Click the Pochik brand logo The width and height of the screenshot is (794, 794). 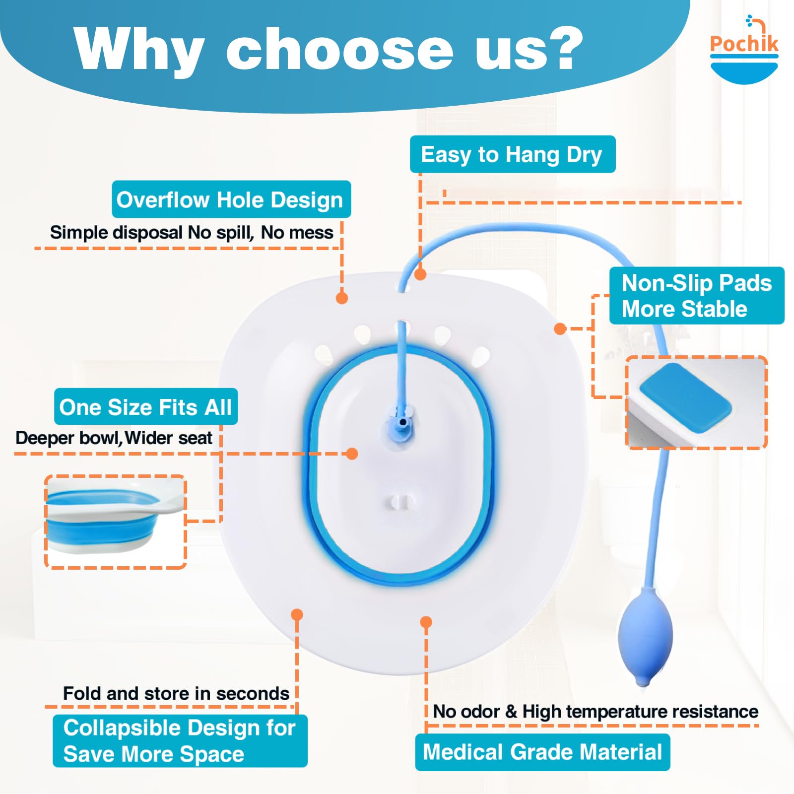coord(744,50)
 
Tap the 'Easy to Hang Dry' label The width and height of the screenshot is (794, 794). coord(512,154)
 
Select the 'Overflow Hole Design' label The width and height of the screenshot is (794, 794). coord(231,199)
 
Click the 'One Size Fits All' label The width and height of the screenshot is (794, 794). coord(145,407)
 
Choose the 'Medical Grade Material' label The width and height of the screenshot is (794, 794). coord(542,752)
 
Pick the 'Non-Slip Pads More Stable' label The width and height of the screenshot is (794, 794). coord(696,296)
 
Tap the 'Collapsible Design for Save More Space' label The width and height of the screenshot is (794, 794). coord(180,740)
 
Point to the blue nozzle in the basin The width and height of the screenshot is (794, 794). coord(402,424)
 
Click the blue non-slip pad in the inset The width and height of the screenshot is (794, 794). coord(685,397)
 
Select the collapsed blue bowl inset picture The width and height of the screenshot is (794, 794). coord(115,521)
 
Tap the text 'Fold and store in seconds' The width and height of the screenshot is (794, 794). coord(176,693)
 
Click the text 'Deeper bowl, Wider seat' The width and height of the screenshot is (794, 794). coord(114,438)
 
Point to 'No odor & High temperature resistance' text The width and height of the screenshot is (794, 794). coord(595,711)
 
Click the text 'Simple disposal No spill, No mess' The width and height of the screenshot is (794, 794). coord(192,232)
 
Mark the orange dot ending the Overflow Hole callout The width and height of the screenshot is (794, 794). coord(342,298)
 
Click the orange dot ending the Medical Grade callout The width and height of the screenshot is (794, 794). coord(426,622)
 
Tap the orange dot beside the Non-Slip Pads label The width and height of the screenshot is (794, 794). coord(560,329)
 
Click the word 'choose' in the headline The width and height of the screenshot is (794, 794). coord(339,50)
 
